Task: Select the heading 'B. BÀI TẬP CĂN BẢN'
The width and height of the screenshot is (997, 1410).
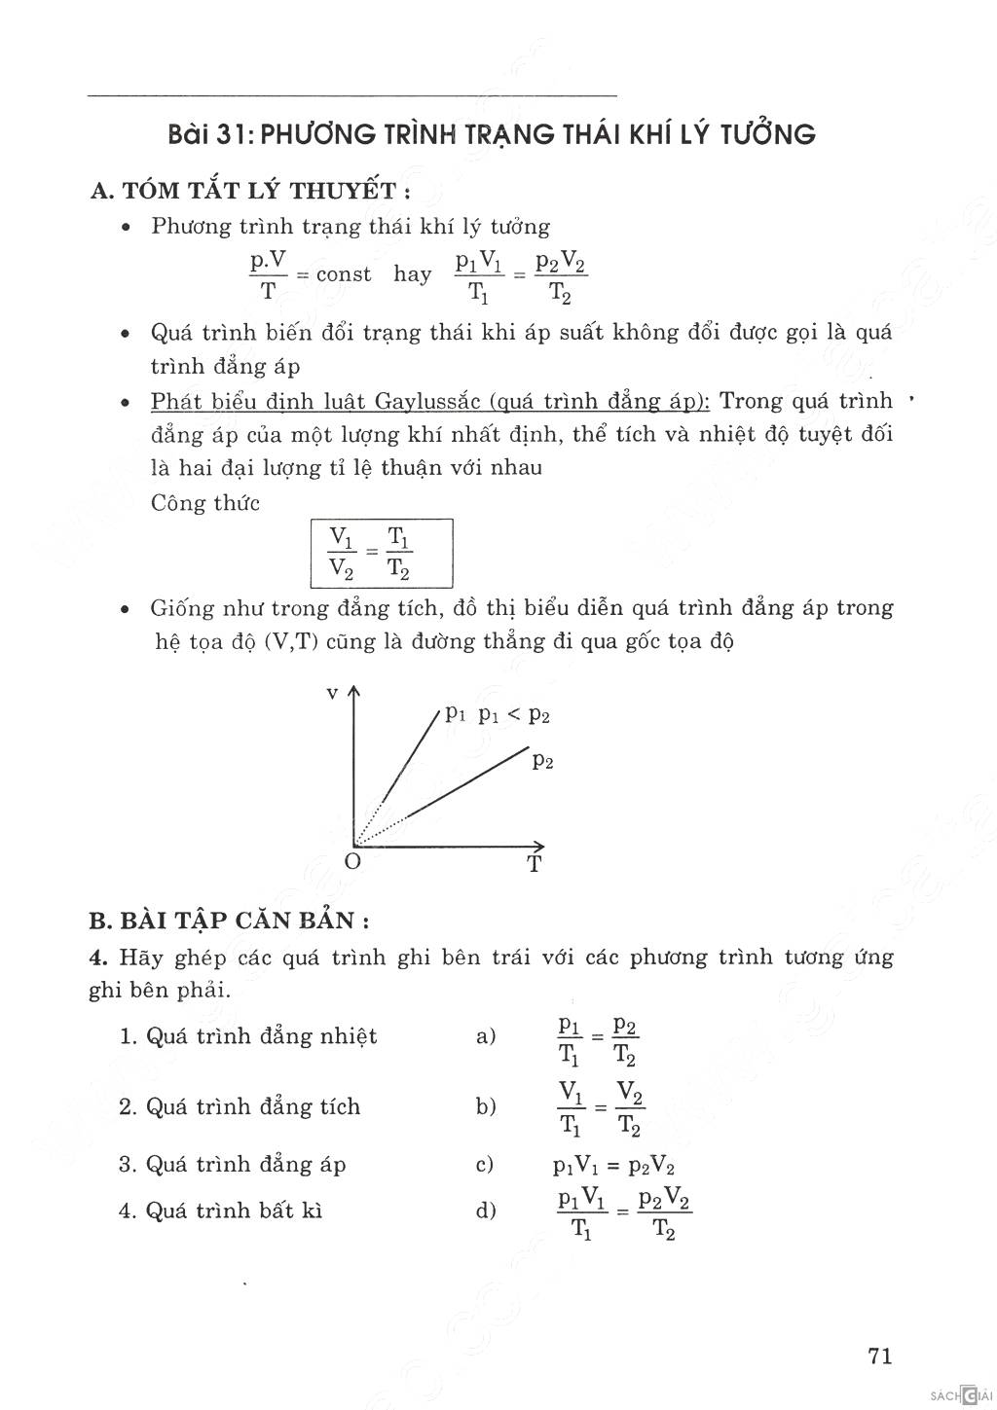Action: tap(229, 921)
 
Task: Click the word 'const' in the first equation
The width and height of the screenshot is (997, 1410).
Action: tap(343, 275)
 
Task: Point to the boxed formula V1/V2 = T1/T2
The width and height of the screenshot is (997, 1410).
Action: tap(382, 553)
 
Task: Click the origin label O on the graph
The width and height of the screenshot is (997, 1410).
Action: tap(352, 862)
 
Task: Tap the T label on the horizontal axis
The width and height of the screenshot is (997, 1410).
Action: tap(535, 864)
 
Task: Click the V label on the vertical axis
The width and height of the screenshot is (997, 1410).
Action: tap(332, 693)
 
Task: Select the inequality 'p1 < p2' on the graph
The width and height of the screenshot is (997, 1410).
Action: tap(514, 715)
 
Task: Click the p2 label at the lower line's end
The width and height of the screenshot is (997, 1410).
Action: tap(543, 762)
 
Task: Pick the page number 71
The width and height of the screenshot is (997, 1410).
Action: tap(879, 1356)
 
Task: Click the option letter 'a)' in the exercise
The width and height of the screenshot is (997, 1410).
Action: tap(486, 1037)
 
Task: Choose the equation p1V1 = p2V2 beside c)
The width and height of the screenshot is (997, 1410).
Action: tap(614, 1167)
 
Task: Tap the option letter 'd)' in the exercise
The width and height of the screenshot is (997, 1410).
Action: tap(486, 1211)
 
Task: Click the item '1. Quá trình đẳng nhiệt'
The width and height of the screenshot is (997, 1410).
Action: tap(247, 1036)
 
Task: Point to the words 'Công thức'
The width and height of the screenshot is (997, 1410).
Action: tap(205, 504)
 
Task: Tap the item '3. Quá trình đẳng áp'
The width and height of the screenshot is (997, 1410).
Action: tap(232, 1165)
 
